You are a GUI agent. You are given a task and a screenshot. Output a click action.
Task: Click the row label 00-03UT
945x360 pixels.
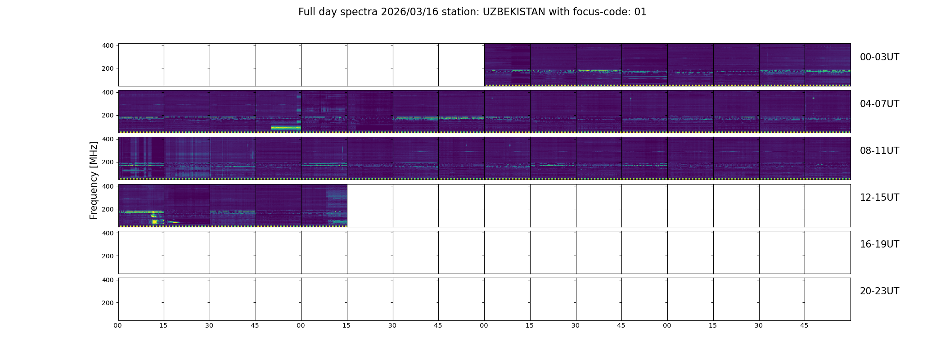pyautogui.click(x=879, y=57)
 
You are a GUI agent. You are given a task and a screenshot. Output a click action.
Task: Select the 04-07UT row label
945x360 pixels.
pyautogui.click(x=879, y=104)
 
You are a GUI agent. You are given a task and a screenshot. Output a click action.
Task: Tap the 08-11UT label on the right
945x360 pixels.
pyautogui.click(x=879, y=151)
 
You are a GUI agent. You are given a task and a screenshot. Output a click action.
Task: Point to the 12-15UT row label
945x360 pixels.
pyautogui.click(x=879, y=198)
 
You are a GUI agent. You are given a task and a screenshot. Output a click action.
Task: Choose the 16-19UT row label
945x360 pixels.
pyautogui.click(x=879, y=244)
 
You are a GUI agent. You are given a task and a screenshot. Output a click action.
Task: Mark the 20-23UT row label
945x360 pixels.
pyautogui.click(x=879, y=291)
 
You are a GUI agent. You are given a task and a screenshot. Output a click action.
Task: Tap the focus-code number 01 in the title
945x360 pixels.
pyautogui.click(x=640, y=12)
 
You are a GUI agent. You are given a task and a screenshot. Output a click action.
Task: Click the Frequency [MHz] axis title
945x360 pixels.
pyautogui.click(x=94, y=180)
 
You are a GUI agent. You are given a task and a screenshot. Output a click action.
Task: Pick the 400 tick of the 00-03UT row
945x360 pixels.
pyautogui.click(x=108, y=45)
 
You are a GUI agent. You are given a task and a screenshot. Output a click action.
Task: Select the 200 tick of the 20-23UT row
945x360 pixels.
pyautogui.click(x=108, y=303)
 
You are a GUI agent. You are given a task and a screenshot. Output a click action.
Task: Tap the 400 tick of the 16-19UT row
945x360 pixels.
pyautogui.click(x=108, y=233)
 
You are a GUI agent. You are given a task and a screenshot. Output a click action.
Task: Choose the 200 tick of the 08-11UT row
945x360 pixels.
pyautogui.click(x=108, y=162)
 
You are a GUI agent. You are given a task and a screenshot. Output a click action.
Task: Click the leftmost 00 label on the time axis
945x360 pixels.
pyautogui.click(x=118, y=325)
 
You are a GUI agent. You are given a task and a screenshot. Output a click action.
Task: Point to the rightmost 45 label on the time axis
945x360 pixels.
pyautogui.click(x=804, y=325)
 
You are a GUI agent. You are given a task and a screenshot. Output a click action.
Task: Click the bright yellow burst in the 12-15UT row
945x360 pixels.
pyautogui.click(x=155, y=221)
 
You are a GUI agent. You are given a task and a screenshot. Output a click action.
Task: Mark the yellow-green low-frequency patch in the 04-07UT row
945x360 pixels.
pyautogui.click(x=286, y=128)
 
